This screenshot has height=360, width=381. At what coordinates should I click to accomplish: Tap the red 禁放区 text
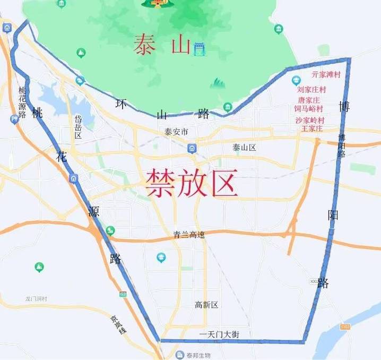[x=192, y=183]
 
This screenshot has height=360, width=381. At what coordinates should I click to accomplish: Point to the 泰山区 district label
[x=244, y=147]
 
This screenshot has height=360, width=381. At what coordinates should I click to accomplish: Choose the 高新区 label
[x=206, y=305]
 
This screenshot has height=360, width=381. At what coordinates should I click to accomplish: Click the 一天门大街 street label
[x=219, y=334]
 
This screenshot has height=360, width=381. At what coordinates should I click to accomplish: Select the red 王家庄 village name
[x=313, y=128]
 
